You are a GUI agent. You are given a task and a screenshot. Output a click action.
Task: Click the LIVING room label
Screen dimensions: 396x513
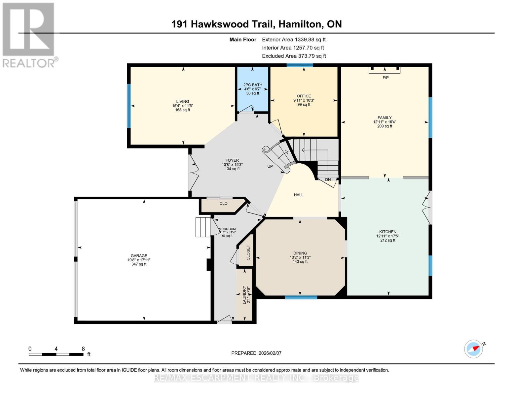point(182,102)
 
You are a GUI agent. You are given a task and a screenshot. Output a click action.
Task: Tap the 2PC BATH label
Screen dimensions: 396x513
point(253,85)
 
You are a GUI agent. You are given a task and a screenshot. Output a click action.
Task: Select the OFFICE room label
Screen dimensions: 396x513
point(304,96)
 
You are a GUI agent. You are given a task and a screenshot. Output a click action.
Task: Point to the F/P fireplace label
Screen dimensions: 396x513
point(385,78)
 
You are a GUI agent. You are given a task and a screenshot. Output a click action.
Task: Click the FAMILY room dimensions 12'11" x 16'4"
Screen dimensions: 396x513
point(385,122)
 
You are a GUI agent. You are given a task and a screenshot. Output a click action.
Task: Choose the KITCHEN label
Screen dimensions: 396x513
point(387,232)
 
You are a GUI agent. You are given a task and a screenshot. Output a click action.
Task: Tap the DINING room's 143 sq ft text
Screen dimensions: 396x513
point(300,262)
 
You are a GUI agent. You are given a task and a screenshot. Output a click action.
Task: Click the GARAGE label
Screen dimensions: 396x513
point(139,256)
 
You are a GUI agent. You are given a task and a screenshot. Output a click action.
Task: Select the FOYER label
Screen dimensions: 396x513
point(232,160)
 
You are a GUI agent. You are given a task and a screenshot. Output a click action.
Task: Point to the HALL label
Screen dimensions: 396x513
point(299,195)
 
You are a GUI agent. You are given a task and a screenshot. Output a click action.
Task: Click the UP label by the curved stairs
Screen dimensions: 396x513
point(270,166)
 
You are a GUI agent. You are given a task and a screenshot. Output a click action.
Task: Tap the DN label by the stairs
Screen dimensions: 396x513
point(328,180)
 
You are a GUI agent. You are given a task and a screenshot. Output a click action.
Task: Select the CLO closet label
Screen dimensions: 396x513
point(223,203)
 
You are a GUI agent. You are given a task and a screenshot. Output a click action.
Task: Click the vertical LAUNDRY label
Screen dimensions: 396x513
point(244,295)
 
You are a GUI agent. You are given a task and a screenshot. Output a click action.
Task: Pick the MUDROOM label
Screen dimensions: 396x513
point(227,229)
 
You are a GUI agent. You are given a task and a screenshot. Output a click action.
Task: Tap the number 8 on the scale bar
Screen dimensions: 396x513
point(83,349)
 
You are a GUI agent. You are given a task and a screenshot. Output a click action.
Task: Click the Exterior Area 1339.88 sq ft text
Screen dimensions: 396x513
point(294,39)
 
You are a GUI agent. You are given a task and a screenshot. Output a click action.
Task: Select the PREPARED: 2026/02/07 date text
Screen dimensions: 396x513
point(256,353)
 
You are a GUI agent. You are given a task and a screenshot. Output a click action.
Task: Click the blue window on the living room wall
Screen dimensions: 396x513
point(129,106)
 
